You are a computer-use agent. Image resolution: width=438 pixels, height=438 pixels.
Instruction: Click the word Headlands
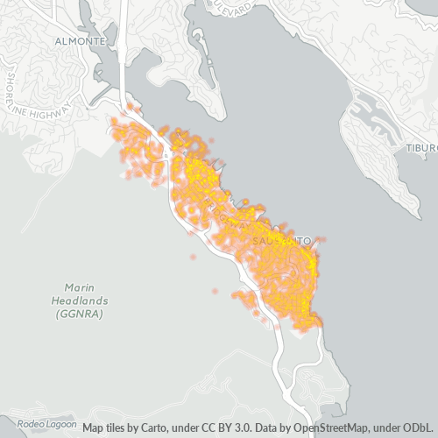click(77, 300)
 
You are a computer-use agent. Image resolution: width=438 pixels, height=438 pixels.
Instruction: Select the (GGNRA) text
click(79, 314)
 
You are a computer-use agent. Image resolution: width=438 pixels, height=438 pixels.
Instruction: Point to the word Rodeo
click(31, 424)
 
